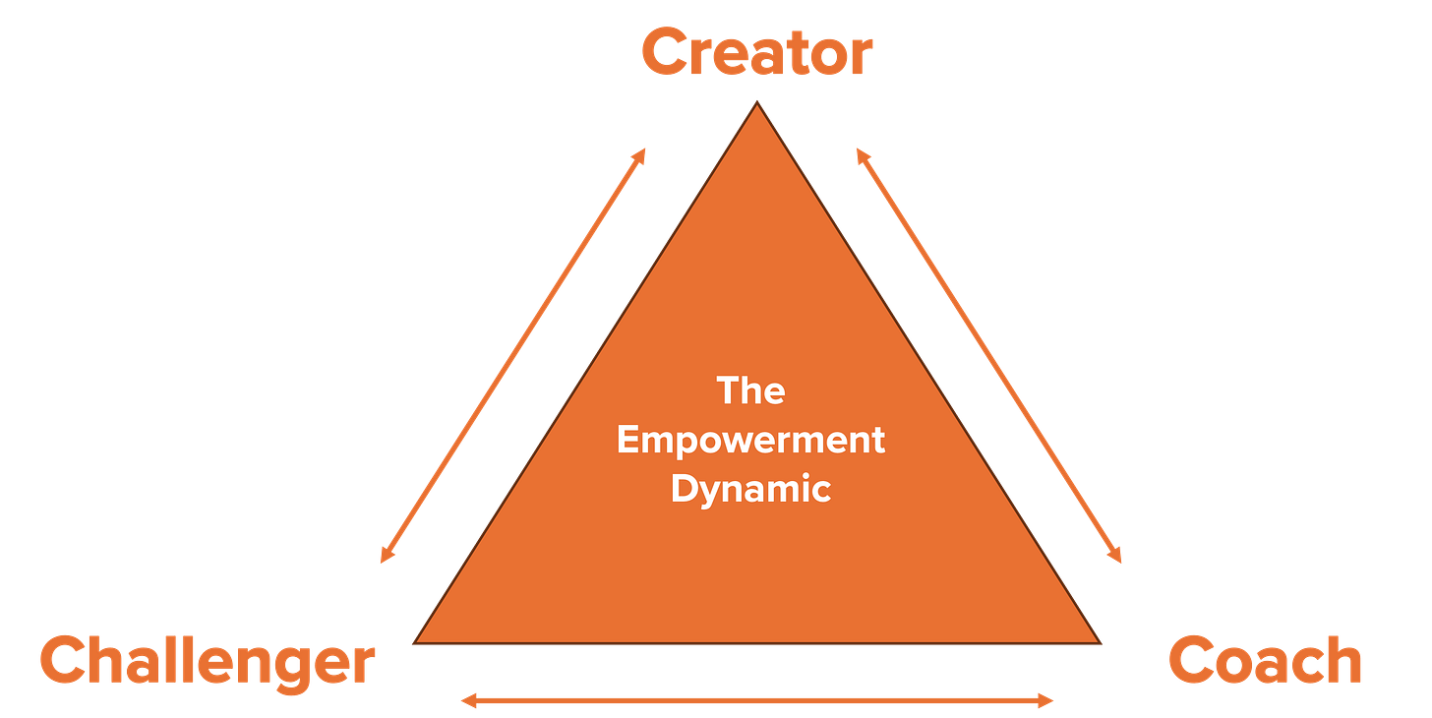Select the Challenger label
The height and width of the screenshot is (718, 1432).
[207, 661]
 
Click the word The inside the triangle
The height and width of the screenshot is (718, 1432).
[750, 390]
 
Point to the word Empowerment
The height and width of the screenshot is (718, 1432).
[750, 440]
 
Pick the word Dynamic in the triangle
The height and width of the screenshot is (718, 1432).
[750, 489]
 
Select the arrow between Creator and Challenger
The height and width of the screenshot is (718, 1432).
[512, 355]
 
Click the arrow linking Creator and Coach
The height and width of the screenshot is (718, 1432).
[989, 355]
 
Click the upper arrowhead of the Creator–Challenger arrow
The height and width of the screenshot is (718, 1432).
[642, 152]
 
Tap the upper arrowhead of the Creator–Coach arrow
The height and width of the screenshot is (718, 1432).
[860, 152]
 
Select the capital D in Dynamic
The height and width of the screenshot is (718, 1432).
[684, 489]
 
